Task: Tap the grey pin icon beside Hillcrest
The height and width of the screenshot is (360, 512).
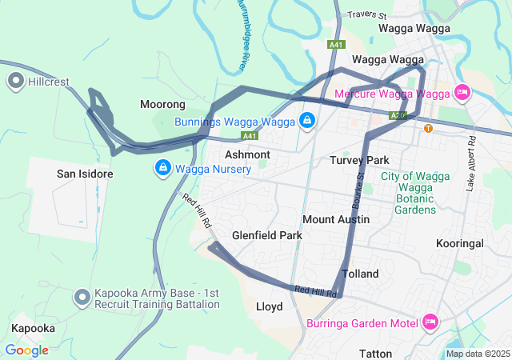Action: click(x=15, y=81)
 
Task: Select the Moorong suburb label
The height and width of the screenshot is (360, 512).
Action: click(x=162, y=105)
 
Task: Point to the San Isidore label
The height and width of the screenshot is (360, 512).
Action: click(x=84, y=174)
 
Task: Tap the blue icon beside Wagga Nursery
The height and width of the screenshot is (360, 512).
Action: click(x=162, y=168)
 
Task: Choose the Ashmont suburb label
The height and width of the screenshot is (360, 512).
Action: click(x=247, y=154)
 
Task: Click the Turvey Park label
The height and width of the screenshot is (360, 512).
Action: click(x=359, y=160)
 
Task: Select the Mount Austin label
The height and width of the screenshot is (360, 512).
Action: click(x=336, y=219)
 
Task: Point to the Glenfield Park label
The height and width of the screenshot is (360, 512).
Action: click(x=267, y=236)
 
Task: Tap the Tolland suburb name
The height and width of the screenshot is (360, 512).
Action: click(x=360, y=274)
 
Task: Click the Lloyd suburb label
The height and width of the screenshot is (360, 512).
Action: click(x=269, y=306)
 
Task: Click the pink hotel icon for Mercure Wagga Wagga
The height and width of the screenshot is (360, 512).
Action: click(x=462, y=93)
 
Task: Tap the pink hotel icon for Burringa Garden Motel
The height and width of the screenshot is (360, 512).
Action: click(x=430, y=322)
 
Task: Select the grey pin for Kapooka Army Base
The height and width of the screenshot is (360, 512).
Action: click(x=82, y=298)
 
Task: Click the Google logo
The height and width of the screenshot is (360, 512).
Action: click(x=26, y=350)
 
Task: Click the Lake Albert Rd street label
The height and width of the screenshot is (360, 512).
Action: click(x=472, y=162)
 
